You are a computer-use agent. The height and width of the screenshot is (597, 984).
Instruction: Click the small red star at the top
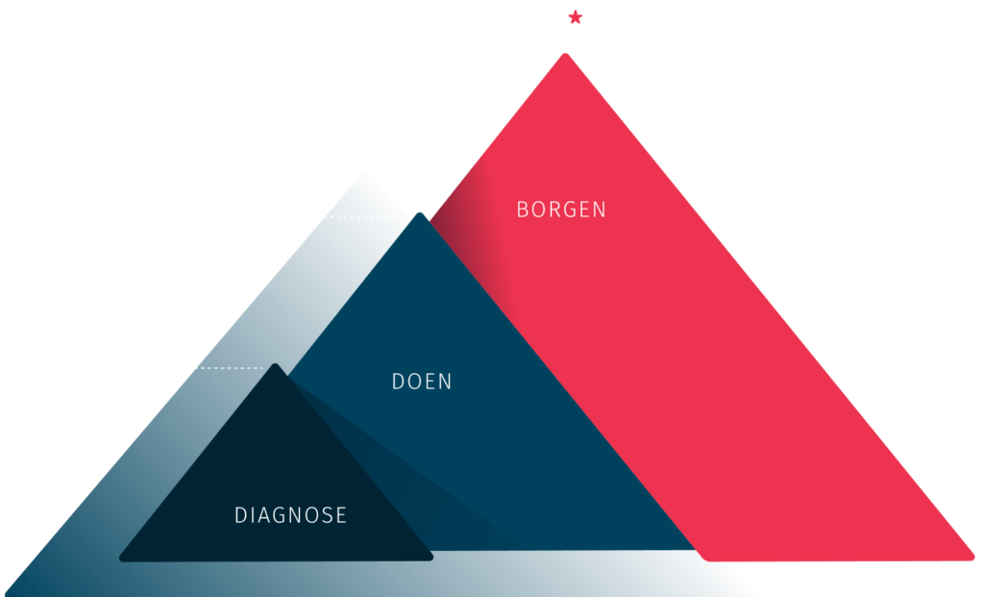click(x=575, y=17)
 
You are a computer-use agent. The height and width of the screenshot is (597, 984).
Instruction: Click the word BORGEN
click(x=561, y=210)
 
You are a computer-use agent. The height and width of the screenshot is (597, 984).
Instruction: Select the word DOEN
click(x=422, y=382)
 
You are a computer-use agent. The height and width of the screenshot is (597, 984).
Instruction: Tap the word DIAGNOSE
click(x=290, y=515)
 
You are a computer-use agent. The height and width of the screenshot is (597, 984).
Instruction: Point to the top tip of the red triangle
click(x=565, y=54)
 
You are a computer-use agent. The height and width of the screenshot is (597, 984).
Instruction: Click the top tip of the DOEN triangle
click(x=419, y=213)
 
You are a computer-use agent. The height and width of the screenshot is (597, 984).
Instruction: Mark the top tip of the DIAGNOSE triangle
click(x=275, y=364)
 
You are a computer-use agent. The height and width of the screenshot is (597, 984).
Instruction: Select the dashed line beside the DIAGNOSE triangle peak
click(x=232, y=368)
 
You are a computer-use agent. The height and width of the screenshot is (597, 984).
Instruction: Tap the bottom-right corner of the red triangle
click(x=973, y=557)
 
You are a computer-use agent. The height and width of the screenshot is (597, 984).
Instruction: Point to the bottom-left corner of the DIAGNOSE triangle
click(x=120, y=559)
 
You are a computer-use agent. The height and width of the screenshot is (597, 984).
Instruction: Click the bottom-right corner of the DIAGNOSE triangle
click(x=431, y=557)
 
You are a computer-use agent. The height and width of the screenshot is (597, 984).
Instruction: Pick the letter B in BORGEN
click(x=522, y=210)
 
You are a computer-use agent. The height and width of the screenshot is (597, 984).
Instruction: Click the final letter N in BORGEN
click(x=600, y=210)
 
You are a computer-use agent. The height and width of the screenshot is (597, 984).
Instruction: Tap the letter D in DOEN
click(x=398, y=382)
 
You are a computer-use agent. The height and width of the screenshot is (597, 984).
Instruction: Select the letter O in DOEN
click(x=413, y=382)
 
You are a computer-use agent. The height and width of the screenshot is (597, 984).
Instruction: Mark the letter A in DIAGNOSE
click(x=262, y=515)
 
